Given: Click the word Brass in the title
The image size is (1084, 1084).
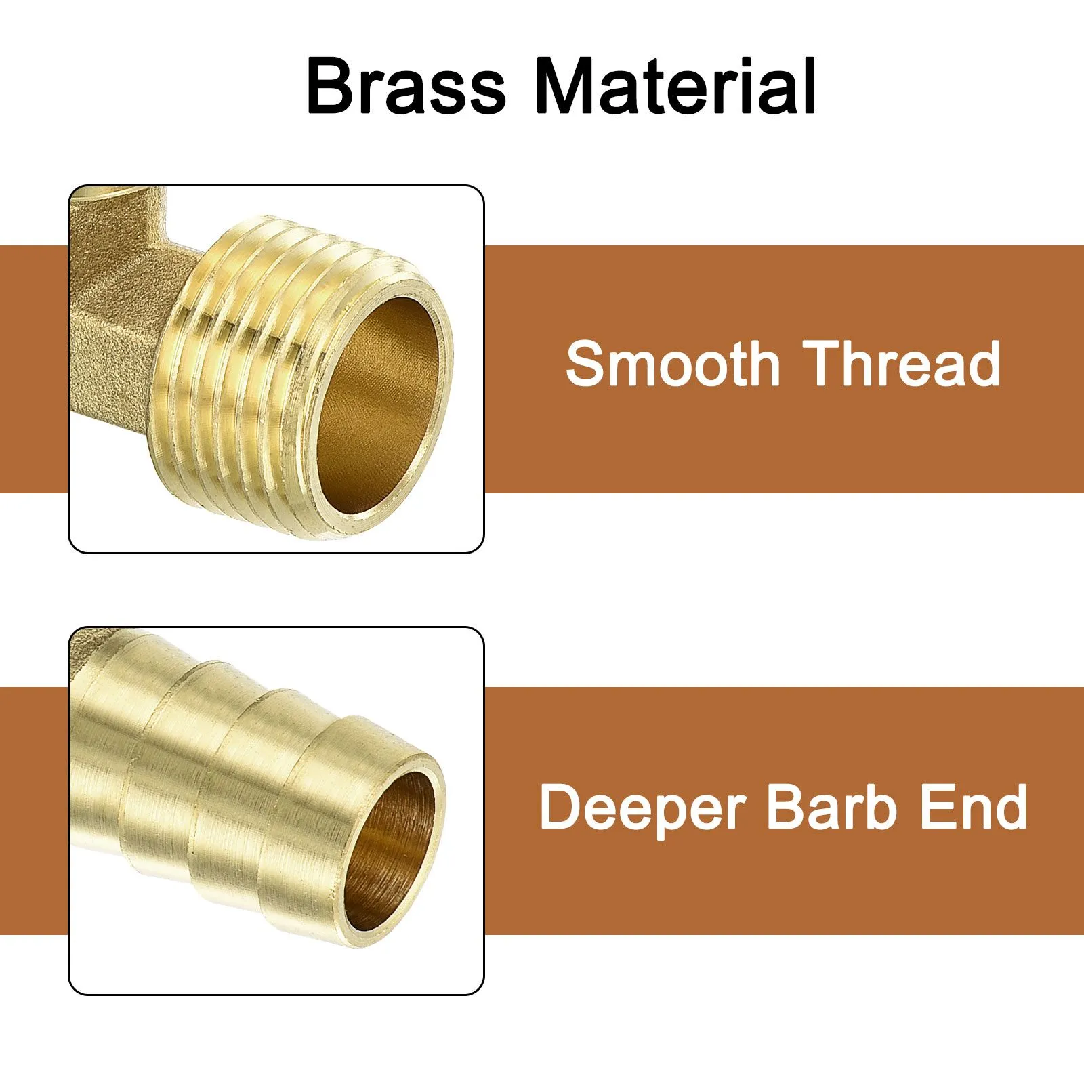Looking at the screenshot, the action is pos(406,86).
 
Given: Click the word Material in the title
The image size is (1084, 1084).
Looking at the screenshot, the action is pos(675,86).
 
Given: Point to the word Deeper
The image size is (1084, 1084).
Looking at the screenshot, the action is pos(642,808).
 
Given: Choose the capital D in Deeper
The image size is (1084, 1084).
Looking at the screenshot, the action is pos(562,807).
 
